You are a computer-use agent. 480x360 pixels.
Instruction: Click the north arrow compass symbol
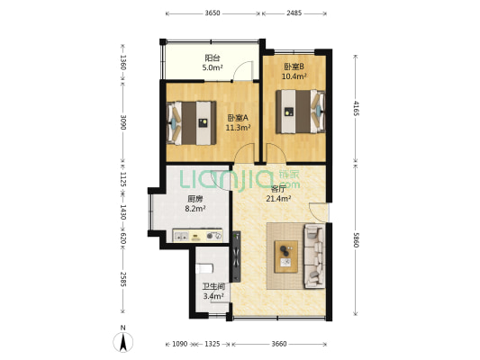[123, 341]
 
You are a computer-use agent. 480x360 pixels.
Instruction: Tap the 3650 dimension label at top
[213, 13]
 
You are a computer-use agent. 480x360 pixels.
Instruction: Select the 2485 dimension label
[294, 13]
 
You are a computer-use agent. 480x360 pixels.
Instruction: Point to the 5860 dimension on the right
[356, 239]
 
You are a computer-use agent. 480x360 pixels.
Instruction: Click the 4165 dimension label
[356, 108]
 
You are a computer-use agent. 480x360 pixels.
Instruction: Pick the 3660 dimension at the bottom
[279, 344]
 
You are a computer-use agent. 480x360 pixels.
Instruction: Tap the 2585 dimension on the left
[123, 279]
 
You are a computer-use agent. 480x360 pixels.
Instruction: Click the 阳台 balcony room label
[213, 58]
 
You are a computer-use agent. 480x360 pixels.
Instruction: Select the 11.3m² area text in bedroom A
[239, 128]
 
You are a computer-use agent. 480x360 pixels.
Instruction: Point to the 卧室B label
[294, 67]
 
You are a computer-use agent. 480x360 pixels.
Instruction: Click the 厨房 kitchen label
[195, 200]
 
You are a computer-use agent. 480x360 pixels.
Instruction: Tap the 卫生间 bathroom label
[213, 286]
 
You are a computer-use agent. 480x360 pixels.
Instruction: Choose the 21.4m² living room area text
[278, 199]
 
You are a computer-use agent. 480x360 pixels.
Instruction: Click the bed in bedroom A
[192, 123]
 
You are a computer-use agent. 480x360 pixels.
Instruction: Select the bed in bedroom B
[300, 112]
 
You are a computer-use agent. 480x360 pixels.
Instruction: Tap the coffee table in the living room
[286, 256]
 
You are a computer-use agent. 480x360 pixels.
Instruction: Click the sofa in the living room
[314, 256]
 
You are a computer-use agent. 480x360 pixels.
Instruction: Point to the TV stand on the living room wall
[236, 256]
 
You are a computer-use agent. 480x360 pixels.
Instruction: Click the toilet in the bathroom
[204, 268]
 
